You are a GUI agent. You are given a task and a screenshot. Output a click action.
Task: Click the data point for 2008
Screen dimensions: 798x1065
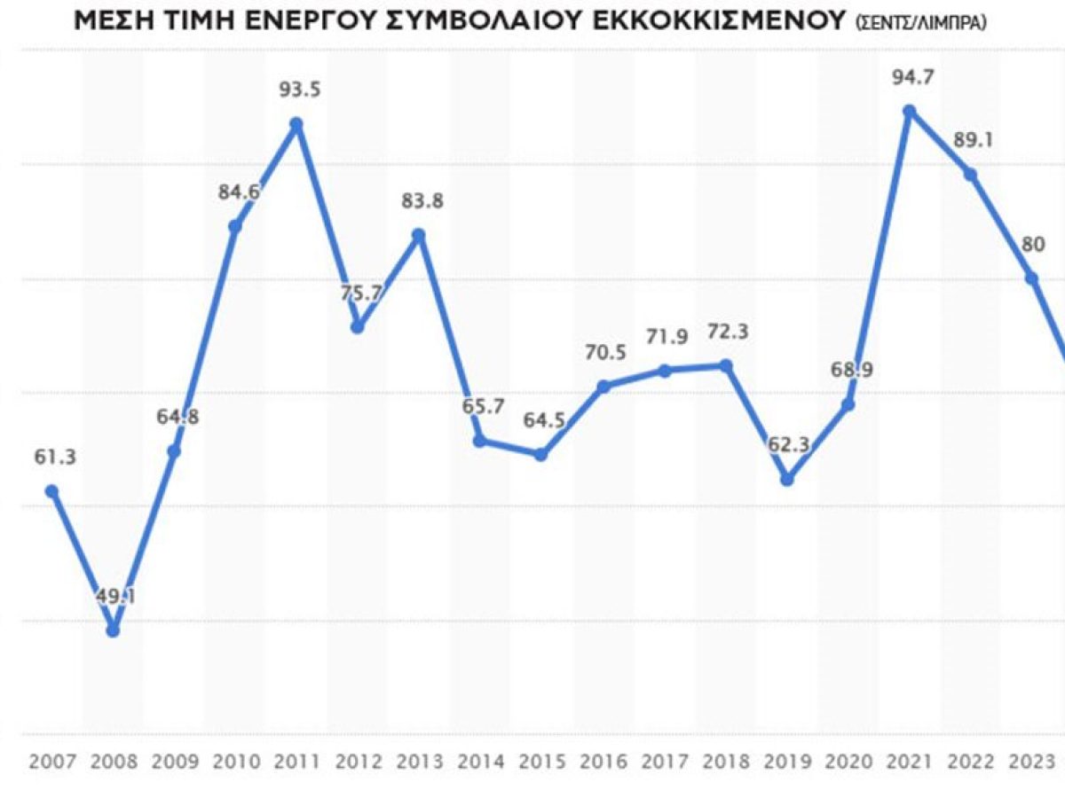coord(113,630)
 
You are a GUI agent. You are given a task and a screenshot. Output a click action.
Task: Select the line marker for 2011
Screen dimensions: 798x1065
coord(297,124)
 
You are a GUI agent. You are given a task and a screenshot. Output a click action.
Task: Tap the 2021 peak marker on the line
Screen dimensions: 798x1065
coord(909,111)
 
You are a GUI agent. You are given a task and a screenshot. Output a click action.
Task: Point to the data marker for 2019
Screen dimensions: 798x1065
coord(786,479)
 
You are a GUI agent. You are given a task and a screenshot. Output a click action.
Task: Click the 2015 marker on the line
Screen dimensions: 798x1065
coord(541,454)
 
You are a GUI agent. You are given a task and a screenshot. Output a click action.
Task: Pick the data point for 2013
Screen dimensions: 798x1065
coord(420,235)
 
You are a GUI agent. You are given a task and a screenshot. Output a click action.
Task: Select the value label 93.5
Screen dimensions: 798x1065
coord(297,89)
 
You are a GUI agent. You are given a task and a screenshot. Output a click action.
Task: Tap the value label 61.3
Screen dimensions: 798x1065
coord(56,458)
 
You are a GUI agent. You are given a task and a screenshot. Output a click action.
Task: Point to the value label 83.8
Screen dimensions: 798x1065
coord(421,201)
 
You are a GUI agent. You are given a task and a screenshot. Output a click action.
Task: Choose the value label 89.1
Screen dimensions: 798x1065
coord(971,139)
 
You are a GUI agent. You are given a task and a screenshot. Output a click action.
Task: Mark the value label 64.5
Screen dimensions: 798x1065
coord(541,419)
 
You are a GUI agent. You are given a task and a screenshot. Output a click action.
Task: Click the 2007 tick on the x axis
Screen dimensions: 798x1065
coord(51,761)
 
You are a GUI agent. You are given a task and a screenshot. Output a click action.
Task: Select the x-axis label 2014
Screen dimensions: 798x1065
coord(480,761)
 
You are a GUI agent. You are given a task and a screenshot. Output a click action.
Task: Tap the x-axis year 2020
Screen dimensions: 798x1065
coord(848,761)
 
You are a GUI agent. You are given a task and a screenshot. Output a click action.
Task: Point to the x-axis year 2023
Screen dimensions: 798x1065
coord(1031,761)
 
